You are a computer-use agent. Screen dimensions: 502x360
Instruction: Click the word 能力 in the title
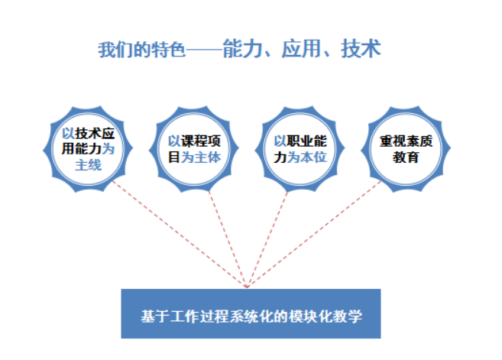coord(243,49)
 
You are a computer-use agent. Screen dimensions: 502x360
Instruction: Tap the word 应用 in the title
coord(302,49)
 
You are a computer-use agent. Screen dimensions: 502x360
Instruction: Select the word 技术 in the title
coord(361,49)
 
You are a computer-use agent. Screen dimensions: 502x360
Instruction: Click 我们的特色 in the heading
coord(142,50)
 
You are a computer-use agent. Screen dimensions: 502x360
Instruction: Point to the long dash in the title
coord(204,50)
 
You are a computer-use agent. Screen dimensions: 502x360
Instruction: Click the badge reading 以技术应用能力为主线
coord(88,149)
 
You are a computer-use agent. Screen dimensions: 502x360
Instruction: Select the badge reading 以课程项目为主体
coord(194,149)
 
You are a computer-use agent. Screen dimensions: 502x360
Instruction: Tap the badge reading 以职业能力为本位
coord(300,149)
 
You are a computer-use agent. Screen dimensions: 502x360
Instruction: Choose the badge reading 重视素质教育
coord(406,149)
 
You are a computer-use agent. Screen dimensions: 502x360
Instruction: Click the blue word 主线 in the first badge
coord(89,166)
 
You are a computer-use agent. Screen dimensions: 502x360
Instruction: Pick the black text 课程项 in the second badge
coord(201,141)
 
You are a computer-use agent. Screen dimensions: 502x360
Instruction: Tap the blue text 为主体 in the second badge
coord(201,157)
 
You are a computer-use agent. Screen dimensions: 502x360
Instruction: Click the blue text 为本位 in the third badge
coord(307,157)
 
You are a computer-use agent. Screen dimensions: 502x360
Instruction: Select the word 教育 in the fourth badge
coord(406,157)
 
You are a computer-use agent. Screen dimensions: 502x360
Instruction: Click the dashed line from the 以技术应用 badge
coord(180,234)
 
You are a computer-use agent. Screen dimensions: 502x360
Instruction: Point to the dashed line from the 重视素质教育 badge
coord(314,234)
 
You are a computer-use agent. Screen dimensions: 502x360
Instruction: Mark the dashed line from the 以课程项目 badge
coord(228,239)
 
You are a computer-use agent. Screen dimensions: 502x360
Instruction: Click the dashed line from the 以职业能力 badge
coord(267,239)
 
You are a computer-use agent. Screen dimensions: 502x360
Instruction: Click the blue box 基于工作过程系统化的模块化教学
coord(251,313)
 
